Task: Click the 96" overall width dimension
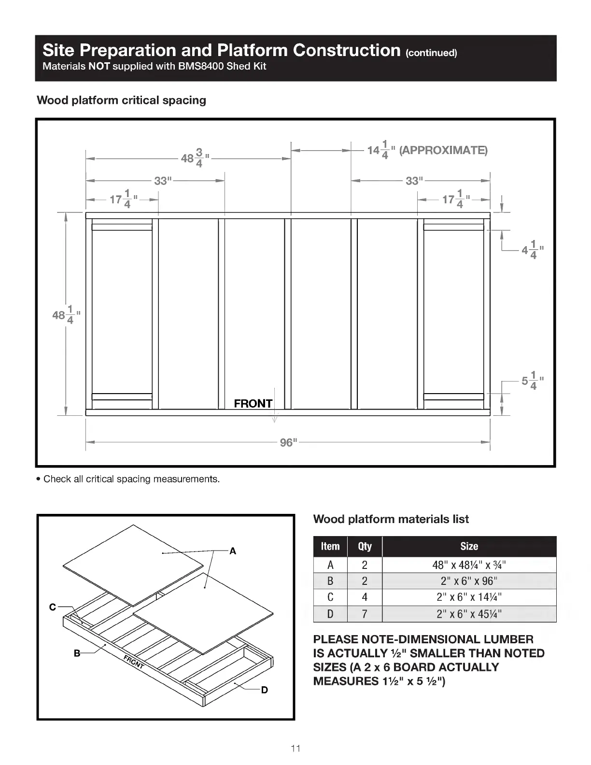tap(288, 442)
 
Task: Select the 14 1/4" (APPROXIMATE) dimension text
tap(427, 150)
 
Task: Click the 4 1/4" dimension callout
tap(532, 250)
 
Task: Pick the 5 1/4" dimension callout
tap(532, 380)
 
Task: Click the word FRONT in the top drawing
tap(253, 403)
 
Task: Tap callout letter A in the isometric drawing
tap(233, 551)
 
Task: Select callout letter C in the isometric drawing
tap(53, 607)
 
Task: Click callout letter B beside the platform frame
tap(77, 653)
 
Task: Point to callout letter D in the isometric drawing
tap(264, 690)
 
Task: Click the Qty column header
tap(365, 546)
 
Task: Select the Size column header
tap(469, 546)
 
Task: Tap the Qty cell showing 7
tap(365, 614)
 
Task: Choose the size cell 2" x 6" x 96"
tap(469, 581)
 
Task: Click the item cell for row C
tap(330, 597)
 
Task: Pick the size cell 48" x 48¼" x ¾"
tap(469, 565)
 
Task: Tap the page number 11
tap(295, 749)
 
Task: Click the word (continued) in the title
tap(431, 53)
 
